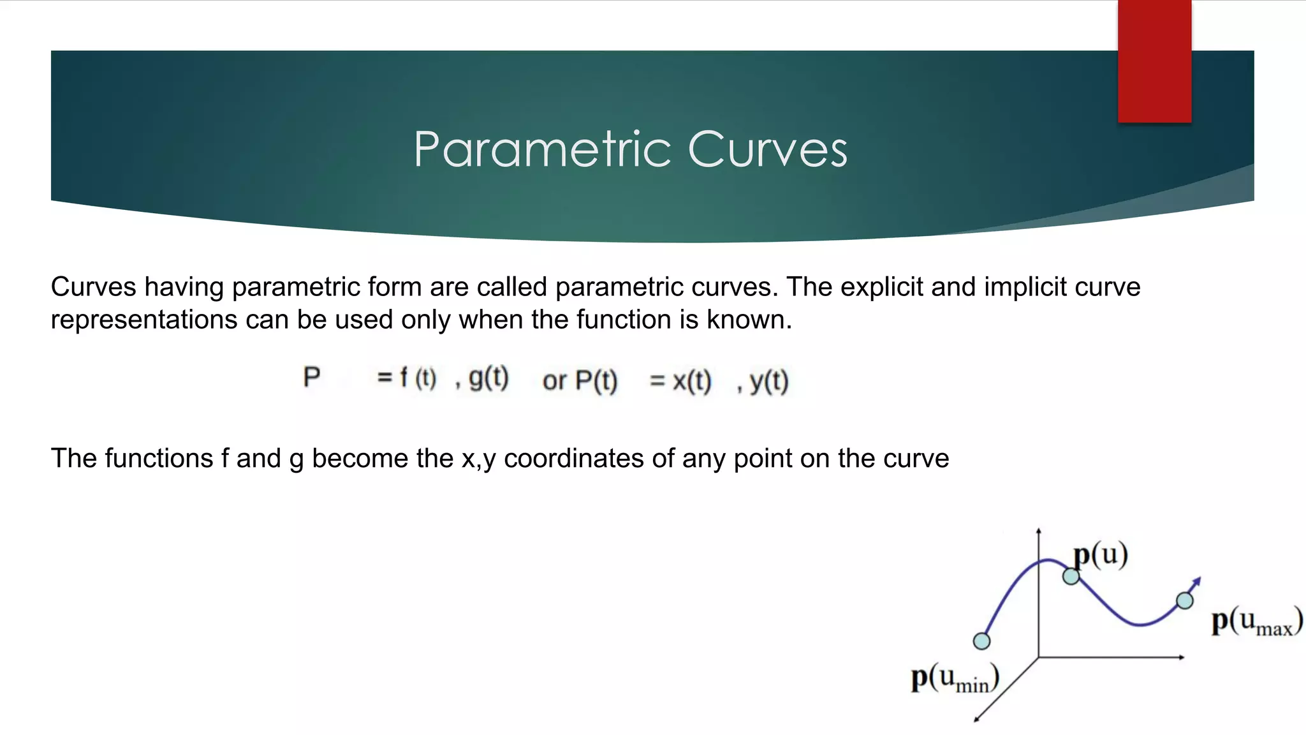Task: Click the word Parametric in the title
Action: [542, 150]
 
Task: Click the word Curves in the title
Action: [768, 150]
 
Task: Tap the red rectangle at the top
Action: [1154, 61]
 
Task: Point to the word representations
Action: [143, 320]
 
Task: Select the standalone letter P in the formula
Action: [311, 377]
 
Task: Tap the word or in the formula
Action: [554, 381]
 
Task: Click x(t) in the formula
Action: [691, 381]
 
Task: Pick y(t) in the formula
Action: [768, 382]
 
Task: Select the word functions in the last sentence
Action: [159, 459]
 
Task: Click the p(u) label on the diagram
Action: [1101, 554]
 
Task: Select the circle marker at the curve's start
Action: [981, 641]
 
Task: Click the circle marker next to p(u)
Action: [1071, 577]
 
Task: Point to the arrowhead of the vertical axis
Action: [1039, 531]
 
